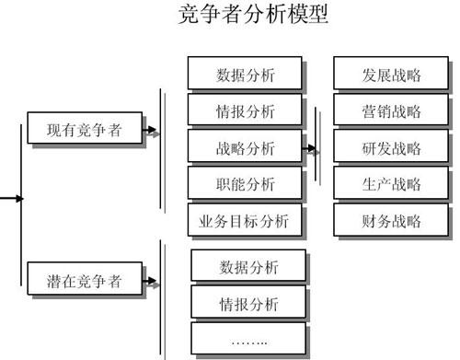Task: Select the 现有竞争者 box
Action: pyautogui.click(x=85, y=131)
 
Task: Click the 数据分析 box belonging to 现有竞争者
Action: pyautogui.click(x=245, y=74)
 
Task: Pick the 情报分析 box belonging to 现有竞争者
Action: pyautogui.click(x=245, y=110)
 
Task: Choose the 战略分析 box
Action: pyautogui.click(x=245, y=147)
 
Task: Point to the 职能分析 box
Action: pyautogui.click(x=245, y=183)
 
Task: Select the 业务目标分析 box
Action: pyautogui.click(x=245, y=220)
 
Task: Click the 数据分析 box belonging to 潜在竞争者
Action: pyautogui.click(x=248, y=267)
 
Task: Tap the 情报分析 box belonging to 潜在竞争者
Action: pyautogui.click(x=248, y=303)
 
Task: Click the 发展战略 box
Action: pyautogui.click(x=391, y=75)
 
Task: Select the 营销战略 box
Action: pyautogui.click(x=391, y=111)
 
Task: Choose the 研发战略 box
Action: pyautogui.click(x=391, y=147)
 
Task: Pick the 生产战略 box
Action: pyautogui.click(x=391, y=183)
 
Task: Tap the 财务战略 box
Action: pyautogui.click(x=391, y=220)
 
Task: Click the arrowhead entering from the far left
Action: pyautogui.click(x=19, y=197)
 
